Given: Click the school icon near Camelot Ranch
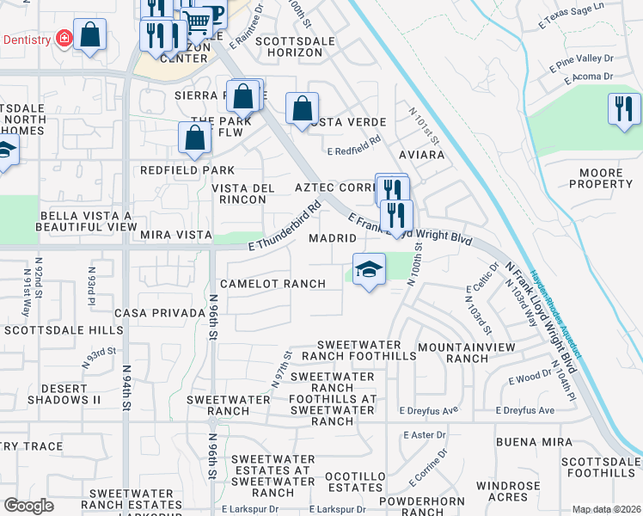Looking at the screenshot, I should coord(369,269).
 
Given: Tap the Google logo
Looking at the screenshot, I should coord(28,506).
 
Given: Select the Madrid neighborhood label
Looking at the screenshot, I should coord(332,237).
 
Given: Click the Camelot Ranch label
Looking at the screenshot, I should coord(273,284).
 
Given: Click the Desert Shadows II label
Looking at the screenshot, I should coord(64,393).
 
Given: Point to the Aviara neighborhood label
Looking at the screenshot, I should coord(421,156).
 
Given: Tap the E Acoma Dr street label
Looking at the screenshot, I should coord(588,77).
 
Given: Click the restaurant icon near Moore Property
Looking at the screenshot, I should coord(624,109).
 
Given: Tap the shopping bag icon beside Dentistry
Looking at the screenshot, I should coord(89,35).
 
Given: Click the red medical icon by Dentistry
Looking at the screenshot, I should coord(63,39).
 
